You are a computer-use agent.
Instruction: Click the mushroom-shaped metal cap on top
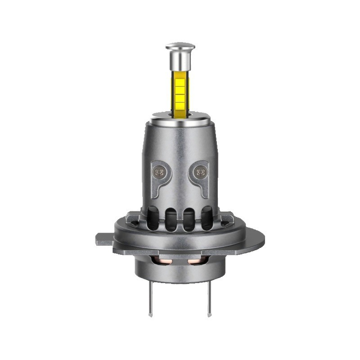180,46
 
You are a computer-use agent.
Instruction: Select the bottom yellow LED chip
180,106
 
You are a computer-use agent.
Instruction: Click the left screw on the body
158,171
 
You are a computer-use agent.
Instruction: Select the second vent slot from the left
171,219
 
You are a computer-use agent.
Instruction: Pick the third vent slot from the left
188,219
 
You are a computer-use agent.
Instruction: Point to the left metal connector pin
151,299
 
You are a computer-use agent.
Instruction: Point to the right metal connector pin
209,299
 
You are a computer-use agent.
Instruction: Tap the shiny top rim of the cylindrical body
180,117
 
